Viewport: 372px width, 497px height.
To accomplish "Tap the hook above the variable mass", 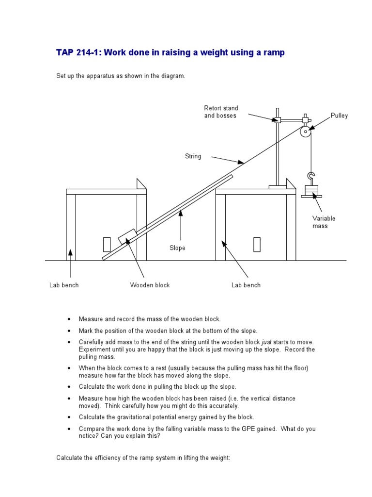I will tap(311, 176).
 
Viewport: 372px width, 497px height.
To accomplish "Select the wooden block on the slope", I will tap(127, 237).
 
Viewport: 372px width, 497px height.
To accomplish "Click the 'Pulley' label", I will tap(339, 116).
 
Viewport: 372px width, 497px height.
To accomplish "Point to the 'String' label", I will tap(193, 156).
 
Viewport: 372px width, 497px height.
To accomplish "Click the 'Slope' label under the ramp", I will tap(177, 248).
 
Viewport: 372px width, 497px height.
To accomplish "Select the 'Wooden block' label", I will tap(150, 285).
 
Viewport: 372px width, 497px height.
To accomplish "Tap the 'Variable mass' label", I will tap(324, 222).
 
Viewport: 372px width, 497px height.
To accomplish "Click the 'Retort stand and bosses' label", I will tap(221, 112).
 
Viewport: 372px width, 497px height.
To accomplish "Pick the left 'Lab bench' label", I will tap(64, 285).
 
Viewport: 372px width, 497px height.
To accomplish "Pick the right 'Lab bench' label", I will tap(246, 285).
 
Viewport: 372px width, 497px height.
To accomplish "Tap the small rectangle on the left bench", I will tap(107, 244).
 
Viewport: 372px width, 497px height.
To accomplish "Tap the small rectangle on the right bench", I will tap(257, 244).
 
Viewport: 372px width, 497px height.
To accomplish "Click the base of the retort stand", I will tap(278, 186).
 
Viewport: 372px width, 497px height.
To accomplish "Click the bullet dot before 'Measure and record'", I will tap(69, 319).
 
